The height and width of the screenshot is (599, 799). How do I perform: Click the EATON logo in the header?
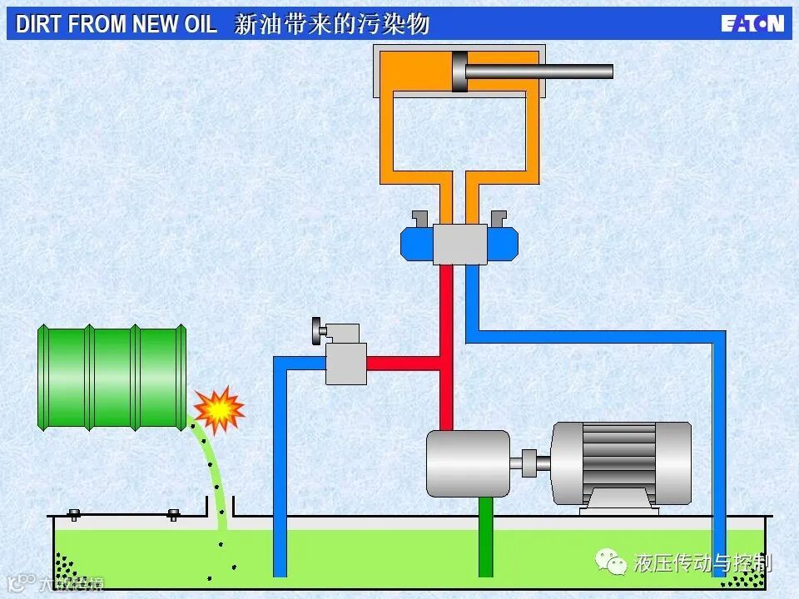752,22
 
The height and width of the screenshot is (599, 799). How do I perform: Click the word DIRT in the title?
39,24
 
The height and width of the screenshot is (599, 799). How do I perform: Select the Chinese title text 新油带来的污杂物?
331,24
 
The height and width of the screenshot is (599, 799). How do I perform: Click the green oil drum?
112,378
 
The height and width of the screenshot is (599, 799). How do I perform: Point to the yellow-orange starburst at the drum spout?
219,408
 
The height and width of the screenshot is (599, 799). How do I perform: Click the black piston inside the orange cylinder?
459,72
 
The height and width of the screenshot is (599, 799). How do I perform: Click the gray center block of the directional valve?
459,243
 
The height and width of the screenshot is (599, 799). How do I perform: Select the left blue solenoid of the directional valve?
416,243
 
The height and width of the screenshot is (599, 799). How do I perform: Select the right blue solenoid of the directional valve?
503,243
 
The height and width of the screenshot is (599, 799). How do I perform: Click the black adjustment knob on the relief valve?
316,331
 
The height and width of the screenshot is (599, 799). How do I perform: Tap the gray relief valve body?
345,363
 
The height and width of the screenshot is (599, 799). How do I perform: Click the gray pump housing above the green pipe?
467,463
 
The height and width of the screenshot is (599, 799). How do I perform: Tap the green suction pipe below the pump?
486,537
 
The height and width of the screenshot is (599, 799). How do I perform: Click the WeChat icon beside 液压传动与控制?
614,563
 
